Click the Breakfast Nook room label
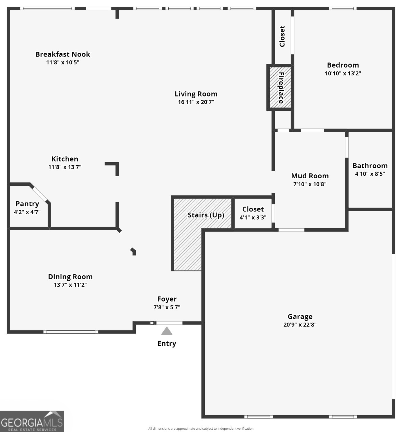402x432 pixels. point(62,54)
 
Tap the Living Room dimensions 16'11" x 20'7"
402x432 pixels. point(196,102)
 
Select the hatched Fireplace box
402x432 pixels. point(280,87)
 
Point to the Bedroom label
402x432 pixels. point(343,65)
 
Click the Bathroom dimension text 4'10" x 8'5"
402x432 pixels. point(370,174)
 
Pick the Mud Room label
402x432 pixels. point(310,176)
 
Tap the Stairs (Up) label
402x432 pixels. point(206,215)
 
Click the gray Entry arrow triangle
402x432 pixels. point(167,331)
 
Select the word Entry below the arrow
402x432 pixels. point(167,343)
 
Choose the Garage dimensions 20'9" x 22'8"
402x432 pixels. point(300,325)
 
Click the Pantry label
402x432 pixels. point(27,204)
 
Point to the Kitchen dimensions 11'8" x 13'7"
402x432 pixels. point(65,167)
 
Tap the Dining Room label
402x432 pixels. point(70,277)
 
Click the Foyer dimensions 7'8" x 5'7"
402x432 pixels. point(167,307)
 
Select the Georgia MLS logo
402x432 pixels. point(32,421)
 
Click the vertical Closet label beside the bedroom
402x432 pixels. point(282,36)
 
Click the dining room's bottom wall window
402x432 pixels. point(71,332)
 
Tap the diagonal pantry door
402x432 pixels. point(40,193)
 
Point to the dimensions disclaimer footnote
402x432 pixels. point(201,429)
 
